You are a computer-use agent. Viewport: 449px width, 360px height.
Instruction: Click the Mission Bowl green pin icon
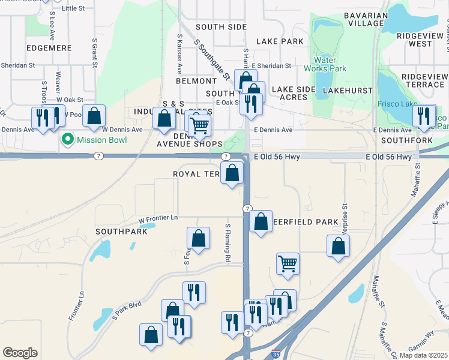(67, 140)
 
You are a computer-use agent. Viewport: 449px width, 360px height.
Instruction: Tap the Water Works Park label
(330, 64)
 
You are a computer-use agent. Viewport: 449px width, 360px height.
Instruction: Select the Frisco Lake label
(397, 104)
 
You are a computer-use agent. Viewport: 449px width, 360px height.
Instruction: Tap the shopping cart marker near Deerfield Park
(288, 264)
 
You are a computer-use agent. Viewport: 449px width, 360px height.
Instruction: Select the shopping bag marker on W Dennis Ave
(94, 117)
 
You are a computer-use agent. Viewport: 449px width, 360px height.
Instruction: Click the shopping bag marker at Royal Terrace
(233, 174)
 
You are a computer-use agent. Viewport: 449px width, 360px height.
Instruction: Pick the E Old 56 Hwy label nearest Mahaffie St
(390, 157)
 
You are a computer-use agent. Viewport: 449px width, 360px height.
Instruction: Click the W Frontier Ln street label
(158, 221)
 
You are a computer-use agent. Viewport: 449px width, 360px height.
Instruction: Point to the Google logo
(20, 353)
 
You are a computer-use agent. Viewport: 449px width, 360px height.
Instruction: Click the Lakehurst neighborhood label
(345, 90)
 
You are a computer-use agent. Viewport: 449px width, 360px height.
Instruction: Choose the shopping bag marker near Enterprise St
(339, 246)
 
